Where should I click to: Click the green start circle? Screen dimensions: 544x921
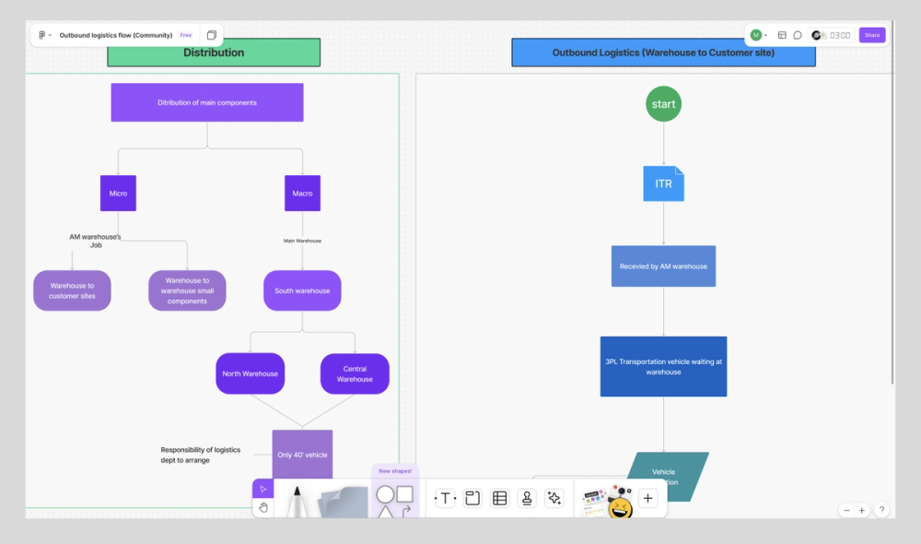(x=663, y=104)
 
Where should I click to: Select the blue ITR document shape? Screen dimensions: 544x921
(x=663, y=183)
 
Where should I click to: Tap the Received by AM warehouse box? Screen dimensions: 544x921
(x=663, y=266)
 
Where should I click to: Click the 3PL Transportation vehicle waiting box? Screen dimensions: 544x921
(x=663, y=366)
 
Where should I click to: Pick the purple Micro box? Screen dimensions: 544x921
(x=118, y=194)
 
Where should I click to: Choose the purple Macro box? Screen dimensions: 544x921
(x=302, y=194)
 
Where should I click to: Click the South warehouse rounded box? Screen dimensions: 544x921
(x=302, y=290)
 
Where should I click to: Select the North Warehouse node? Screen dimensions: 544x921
(x=250, y=373)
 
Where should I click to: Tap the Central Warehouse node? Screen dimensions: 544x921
(x=355, y=373)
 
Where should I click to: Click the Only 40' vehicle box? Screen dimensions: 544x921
(x=302, y=454)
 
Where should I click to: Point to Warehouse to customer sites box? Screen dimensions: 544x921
(x=72, y=290)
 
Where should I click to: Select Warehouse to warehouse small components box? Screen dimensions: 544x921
(x=187, y=290)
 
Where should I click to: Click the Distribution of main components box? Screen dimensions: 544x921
(x=207, y=102)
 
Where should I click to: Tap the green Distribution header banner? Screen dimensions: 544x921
(x=214, y=53)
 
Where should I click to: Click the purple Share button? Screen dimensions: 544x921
(x=871, y=35)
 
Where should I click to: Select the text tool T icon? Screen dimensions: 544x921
(x=446, y=498)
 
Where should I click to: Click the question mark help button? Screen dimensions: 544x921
(x=881, y=510)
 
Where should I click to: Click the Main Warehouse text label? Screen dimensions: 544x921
(x=302, y=241)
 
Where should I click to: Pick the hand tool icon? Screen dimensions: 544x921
(x=262, y=507)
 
